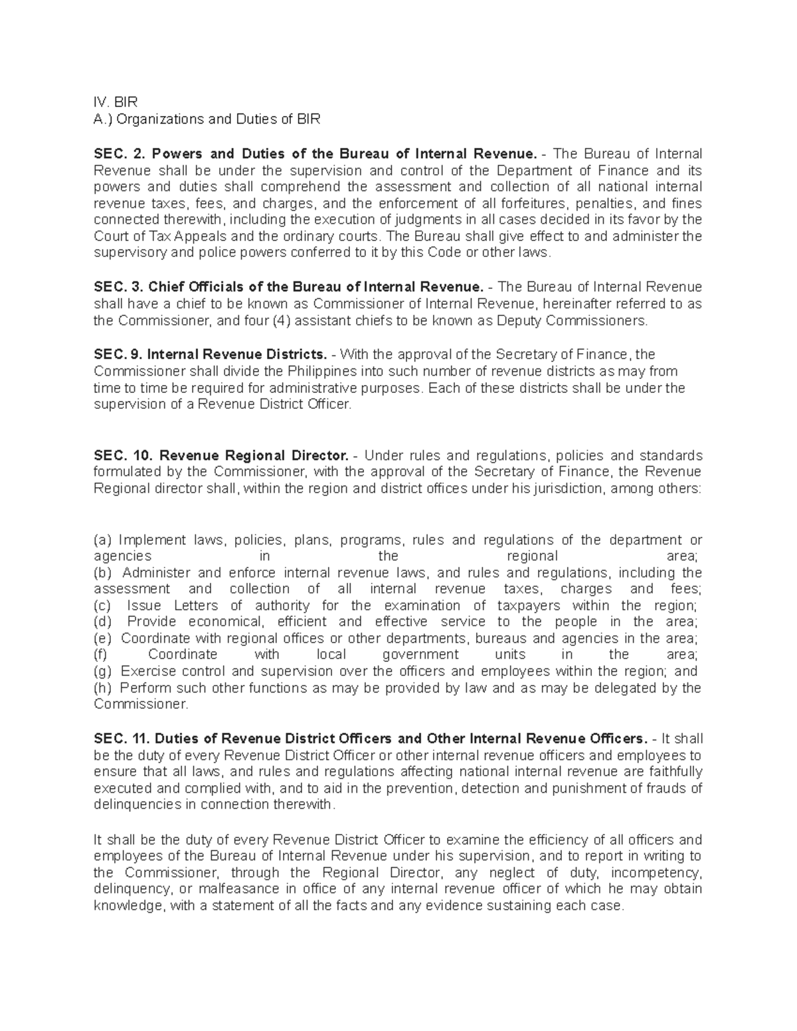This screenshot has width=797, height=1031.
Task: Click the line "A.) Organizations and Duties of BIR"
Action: click(x=207, y=119)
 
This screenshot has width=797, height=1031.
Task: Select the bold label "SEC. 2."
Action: click(x=119, y=153)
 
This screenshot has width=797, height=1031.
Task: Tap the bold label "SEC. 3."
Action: click(x=118, y=287)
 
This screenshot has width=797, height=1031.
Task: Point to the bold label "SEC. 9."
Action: click(x=118, y=355)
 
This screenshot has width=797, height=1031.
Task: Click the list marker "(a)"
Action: click(x=103, y=540)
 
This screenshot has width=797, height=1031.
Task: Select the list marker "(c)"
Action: click(x=103, y=605)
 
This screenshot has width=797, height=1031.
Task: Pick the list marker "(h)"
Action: click(x=104, y=688)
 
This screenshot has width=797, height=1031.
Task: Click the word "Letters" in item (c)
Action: click(x=195, y=605)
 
